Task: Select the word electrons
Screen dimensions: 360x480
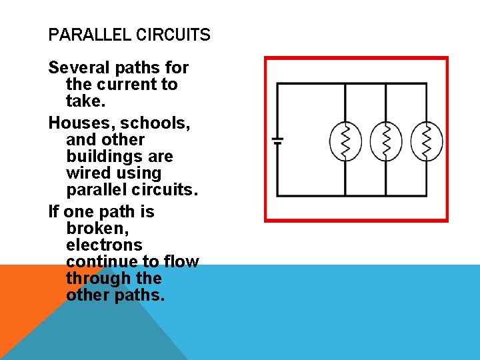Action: [x=104, y=245]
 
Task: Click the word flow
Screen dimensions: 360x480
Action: [x=180, y=261]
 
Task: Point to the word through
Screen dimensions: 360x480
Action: [x=92, y=278]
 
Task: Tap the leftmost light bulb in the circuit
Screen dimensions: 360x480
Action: [x=345, y=141]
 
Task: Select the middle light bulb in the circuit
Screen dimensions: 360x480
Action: [x=386, y=141]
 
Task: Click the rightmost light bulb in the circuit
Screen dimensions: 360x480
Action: [x=427, y=141]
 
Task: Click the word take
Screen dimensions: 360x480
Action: [x=83, y=101]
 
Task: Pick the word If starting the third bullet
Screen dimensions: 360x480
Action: [x=54, y=212]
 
